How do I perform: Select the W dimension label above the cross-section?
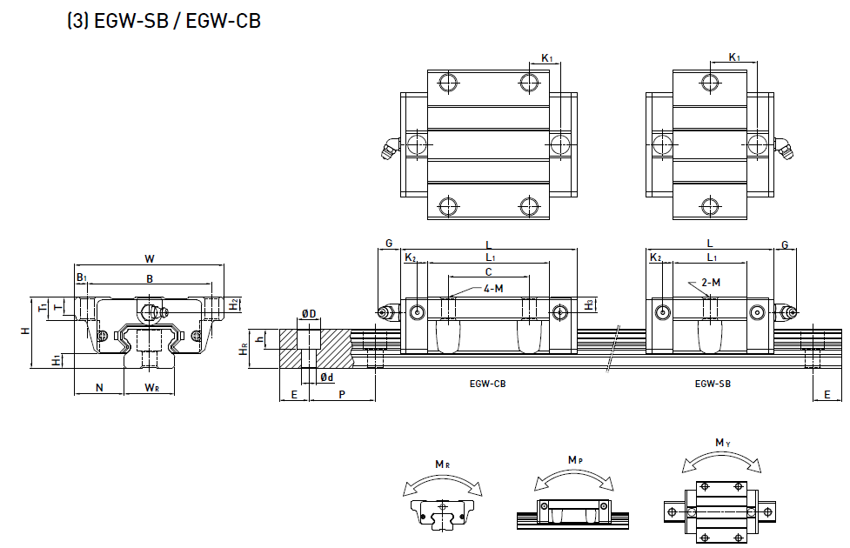coord(149,257)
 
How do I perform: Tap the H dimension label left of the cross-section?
coord(26,331)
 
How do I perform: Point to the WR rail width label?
coord(151,387)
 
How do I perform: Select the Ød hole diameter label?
coord(326,378)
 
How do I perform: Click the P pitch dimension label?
coord(342,394)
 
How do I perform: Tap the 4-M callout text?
coord(493,288)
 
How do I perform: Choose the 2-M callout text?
coord(711,282)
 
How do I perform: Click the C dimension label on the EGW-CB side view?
coord(488,272)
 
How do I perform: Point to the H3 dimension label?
coord(589,304)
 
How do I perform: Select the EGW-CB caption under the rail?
coord(487,384)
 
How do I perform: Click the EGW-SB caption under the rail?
coord(712,384)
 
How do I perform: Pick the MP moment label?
coord(575,459)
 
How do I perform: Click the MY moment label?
coord(721,443)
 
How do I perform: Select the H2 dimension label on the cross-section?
coord(234,304)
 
